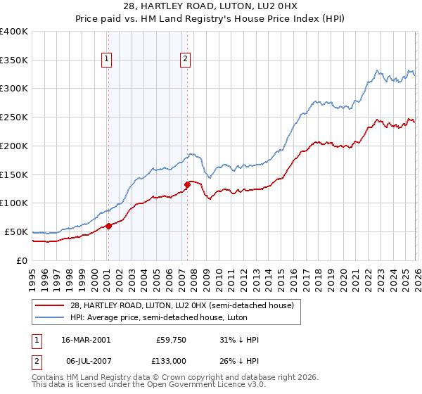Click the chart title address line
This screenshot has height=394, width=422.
[211, 6]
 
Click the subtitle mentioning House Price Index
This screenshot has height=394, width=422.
[211, 19]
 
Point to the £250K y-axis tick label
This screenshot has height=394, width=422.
[14, 117]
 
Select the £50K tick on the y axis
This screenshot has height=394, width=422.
[16, 231]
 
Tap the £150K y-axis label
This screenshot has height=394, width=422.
[14, 174]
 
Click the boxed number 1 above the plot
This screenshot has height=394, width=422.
[107, 60]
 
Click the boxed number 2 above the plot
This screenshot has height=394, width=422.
[185, 60]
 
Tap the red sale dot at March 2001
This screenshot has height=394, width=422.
[108, 226]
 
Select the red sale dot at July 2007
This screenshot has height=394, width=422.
[187, 184]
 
